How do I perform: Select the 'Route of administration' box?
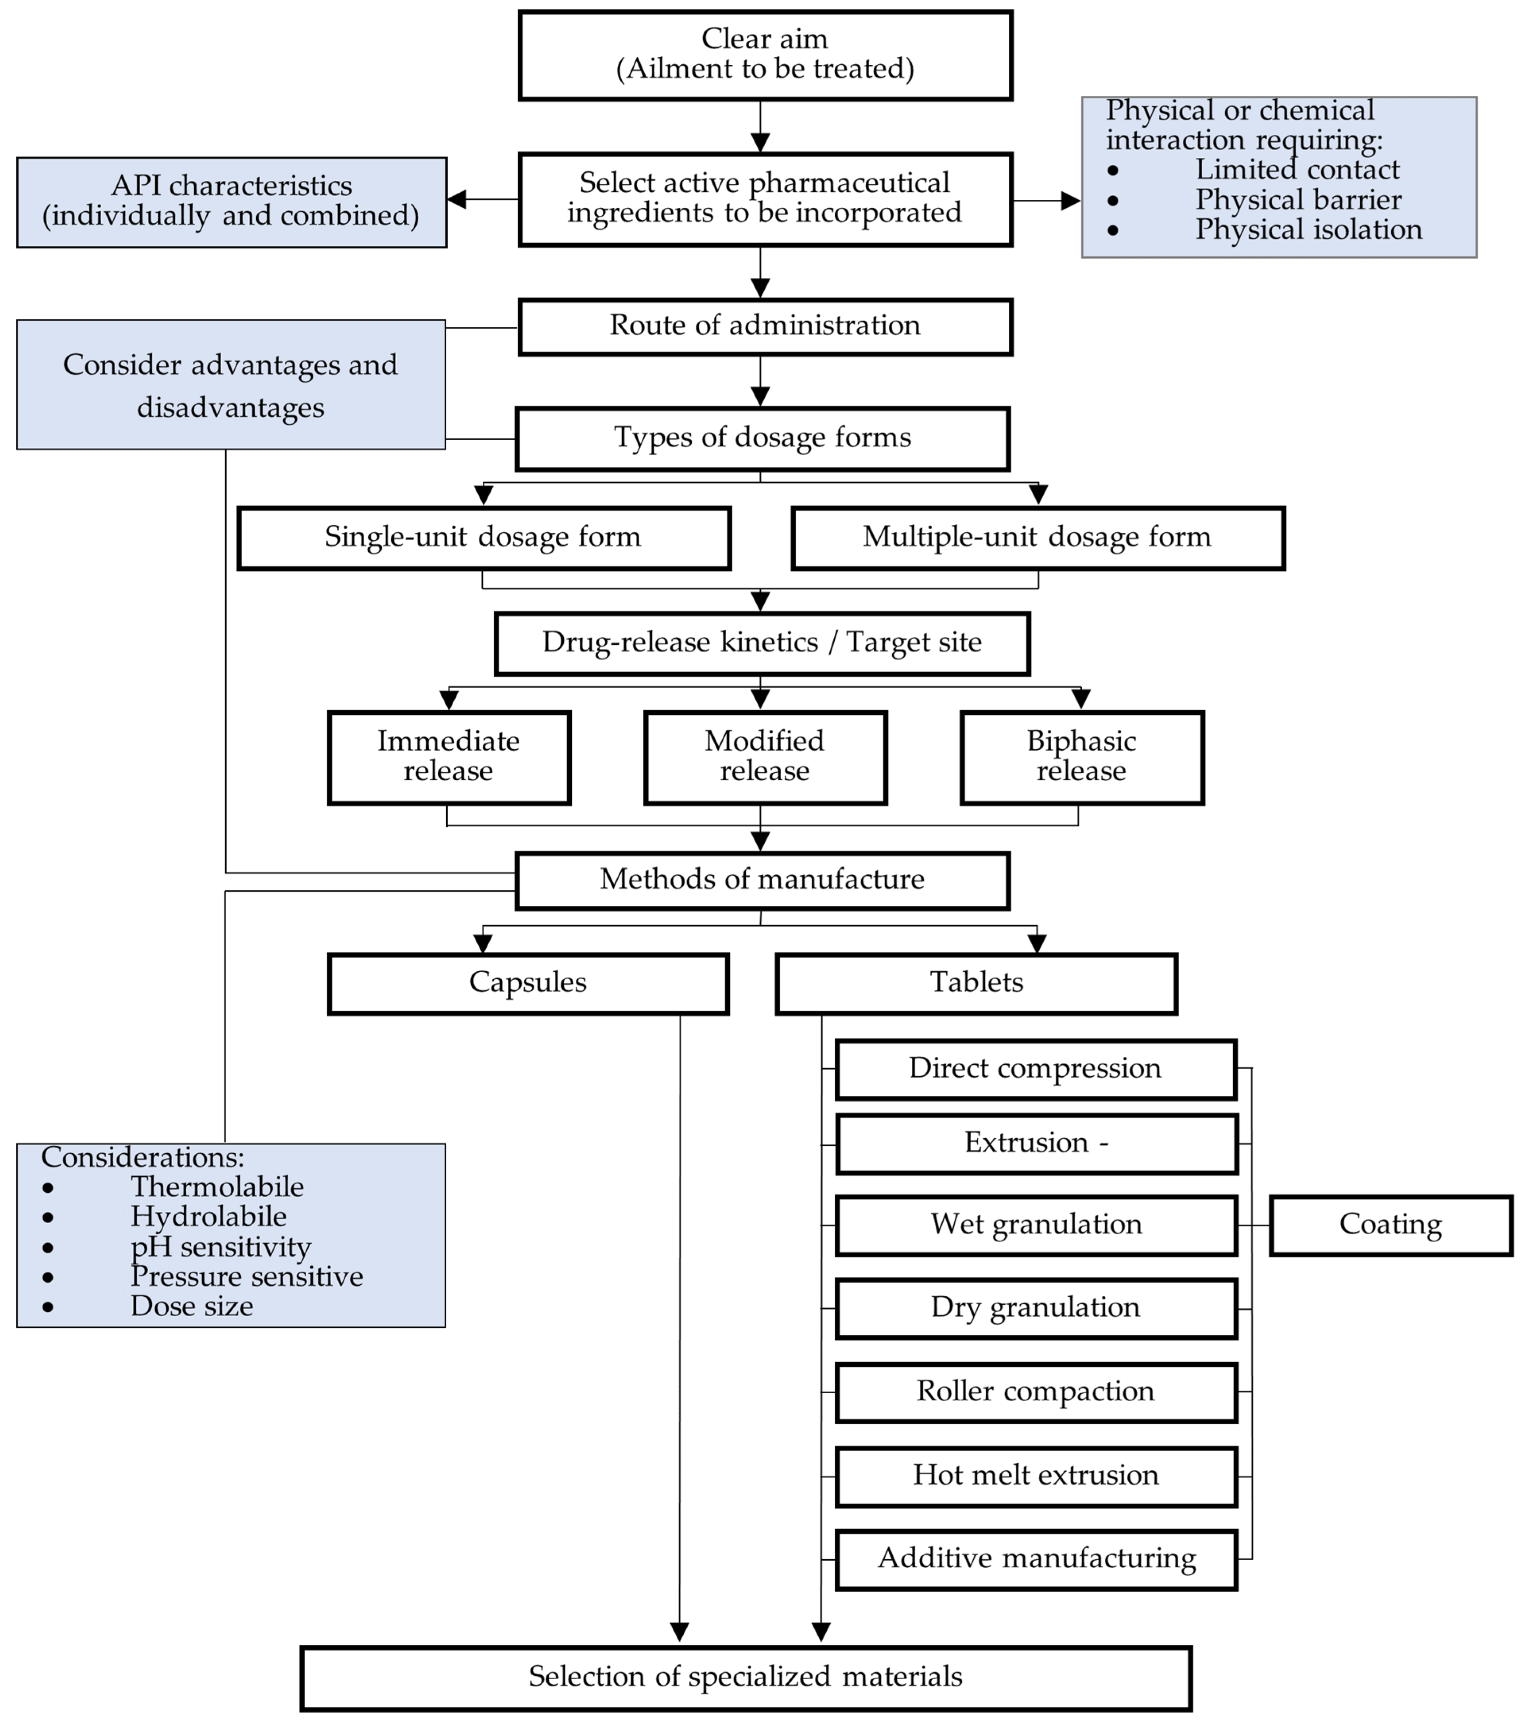coord(765,326)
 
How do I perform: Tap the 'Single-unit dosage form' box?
coord(483,538)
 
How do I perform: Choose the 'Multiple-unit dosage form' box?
coord(1037,538)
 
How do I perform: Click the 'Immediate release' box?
coord(449,757)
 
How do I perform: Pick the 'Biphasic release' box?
coord(1082,757)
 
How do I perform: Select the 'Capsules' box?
coord(528,983)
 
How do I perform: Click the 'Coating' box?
coord(1390,1225)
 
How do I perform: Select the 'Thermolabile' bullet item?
coord(217,1187)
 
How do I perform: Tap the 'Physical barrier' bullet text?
coord(1298,200)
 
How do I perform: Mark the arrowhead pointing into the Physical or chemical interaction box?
coord(1071,201)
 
